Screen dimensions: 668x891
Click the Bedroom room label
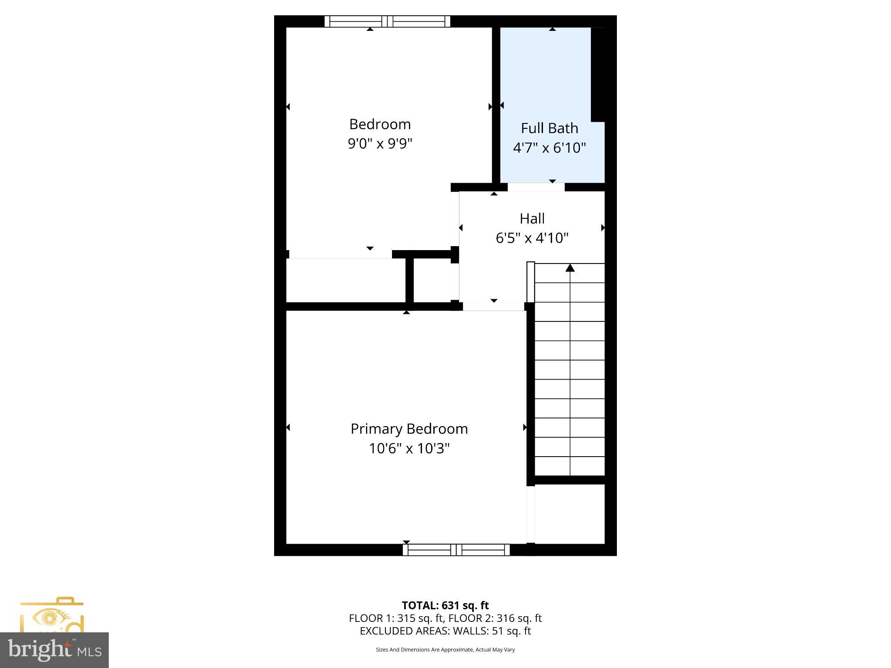point(380,124)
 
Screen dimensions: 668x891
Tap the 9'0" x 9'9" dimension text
point(380,144)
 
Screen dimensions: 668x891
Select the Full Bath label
point(549,128)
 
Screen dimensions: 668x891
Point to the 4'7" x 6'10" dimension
point(549,148)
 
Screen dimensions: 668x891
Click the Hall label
point(532,218)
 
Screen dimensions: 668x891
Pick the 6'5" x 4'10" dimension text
point(532,238)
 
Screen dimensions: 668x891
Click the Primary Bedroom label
point(409,429)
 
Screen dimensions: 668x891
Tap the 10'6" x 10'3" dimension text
point(409,448)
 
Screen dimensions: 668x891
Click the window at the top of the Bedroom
point(387,21)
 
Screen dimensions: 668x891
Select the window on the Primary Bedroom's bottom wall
point(456,550)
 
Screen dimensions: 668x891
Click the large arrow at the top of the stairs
point(570,268)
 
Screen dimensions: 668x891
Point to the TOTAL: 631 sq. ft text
point(445,605)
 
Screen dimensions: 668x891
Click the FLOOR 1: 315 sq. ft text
point(397,618)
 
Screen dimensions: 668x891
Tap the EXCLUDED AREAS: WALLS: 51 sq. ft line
point(445,631)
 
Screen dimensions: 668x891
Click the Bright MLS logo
point(54,651)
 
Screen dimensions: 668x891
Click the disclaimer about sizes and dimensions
point(445,650)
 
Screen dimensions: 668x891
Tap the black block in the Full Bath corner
point(598,74)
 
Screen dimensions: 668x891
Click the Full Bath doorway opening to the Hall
point(536,187)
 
